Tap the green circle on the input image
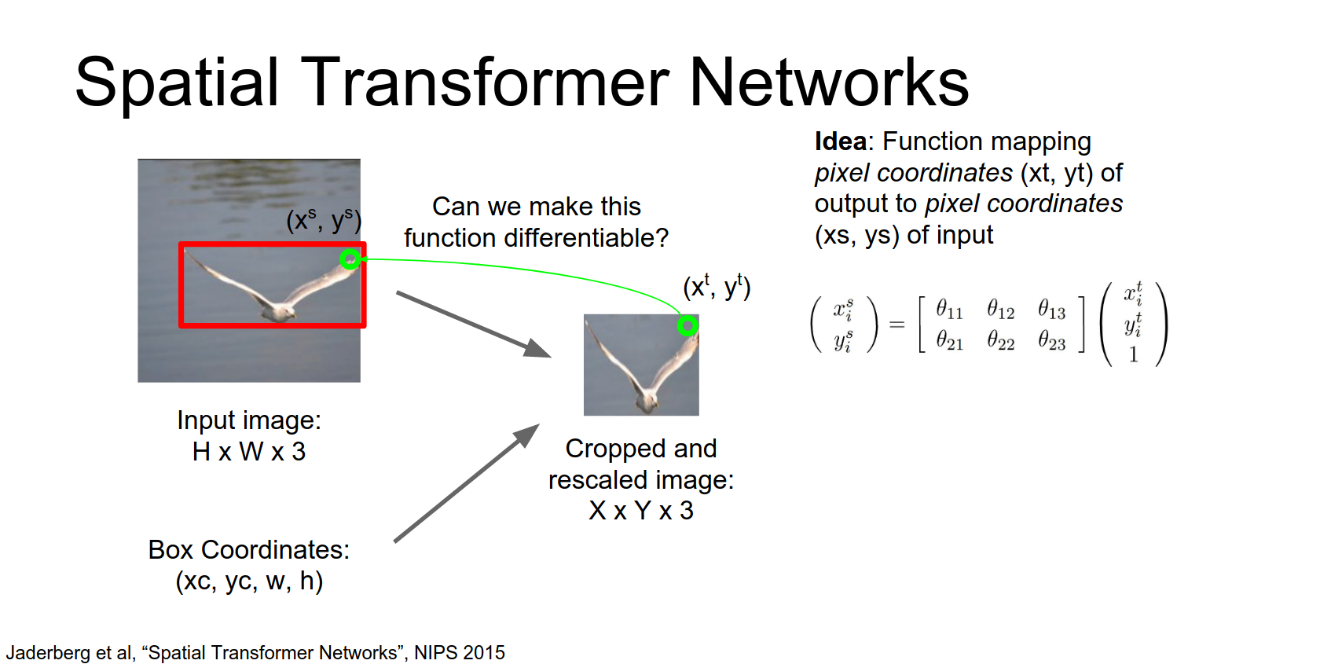350,259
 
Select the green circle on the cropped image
687,325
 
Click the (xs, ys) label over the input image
323,221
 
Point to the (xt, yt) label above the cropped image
717,288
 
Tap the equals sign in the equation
896,325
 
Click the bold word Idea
840,141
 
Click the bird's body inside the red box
277,310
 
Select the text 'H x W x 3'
249,452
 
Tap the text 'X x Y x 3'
641,511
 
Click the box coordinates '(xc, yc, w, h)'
249,581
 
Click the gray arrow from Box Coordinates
466,483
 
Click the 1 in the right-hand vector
1133,355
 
